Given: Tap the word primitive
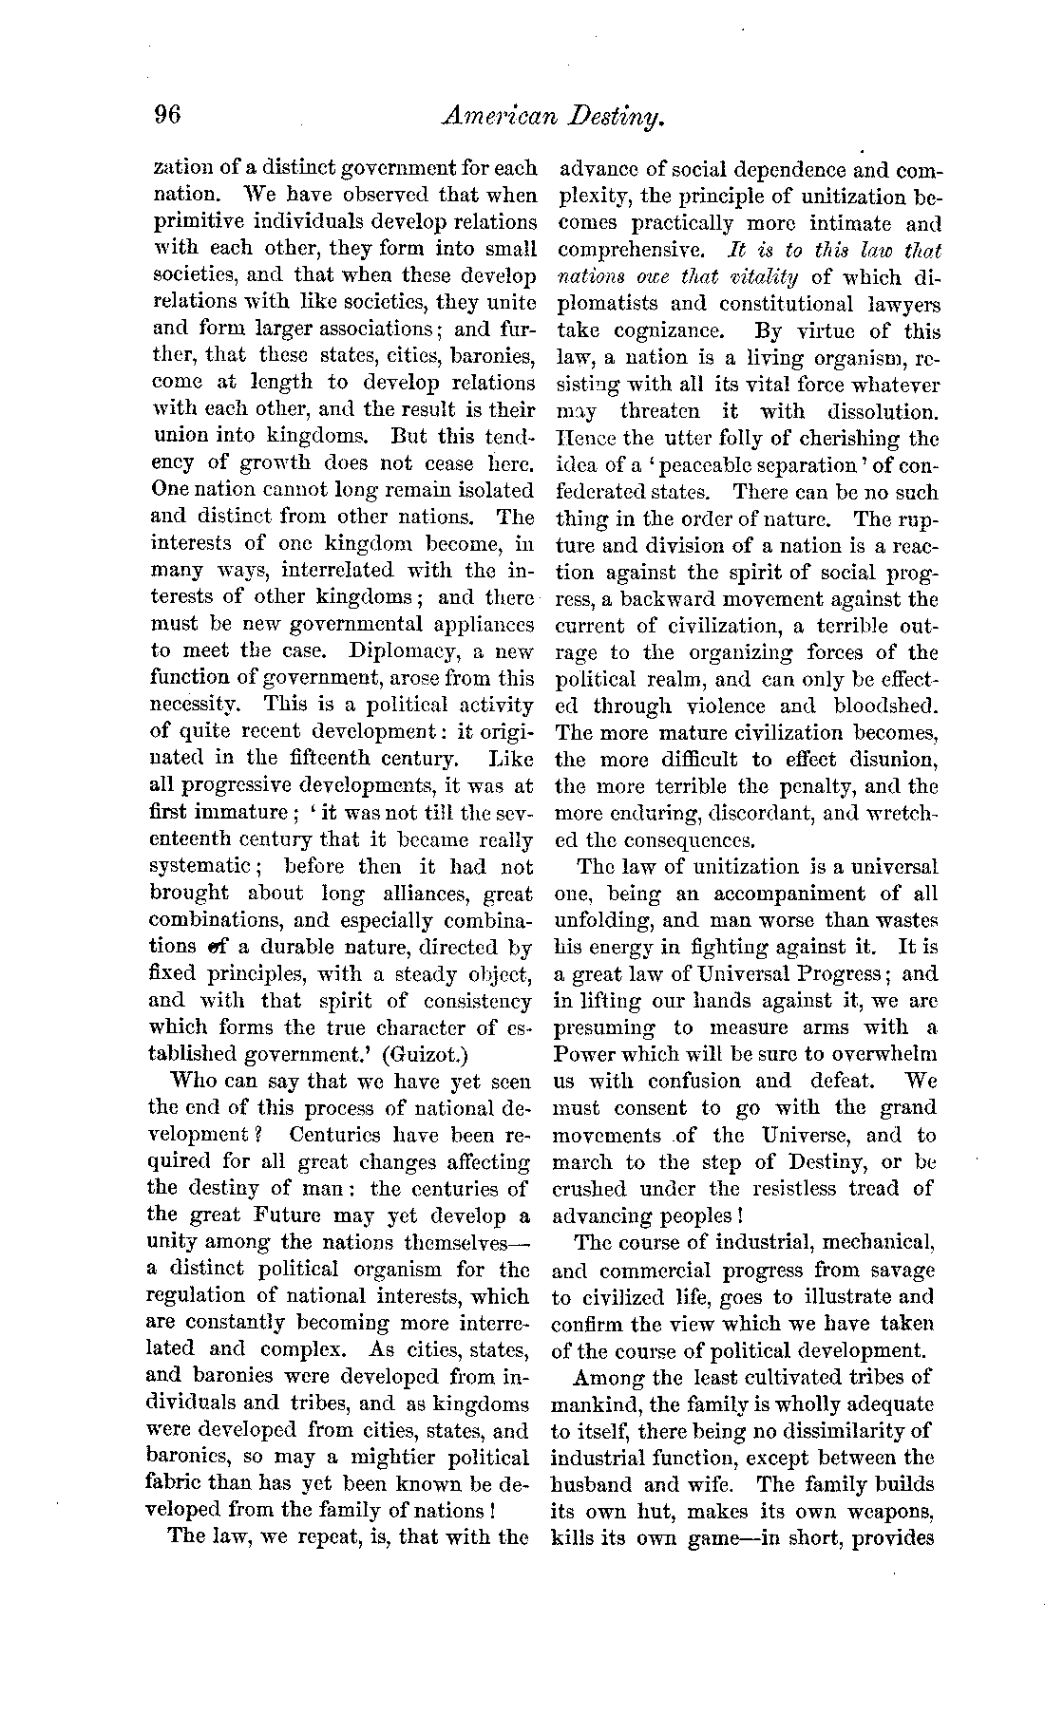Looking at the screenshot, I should click(199, 221).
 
